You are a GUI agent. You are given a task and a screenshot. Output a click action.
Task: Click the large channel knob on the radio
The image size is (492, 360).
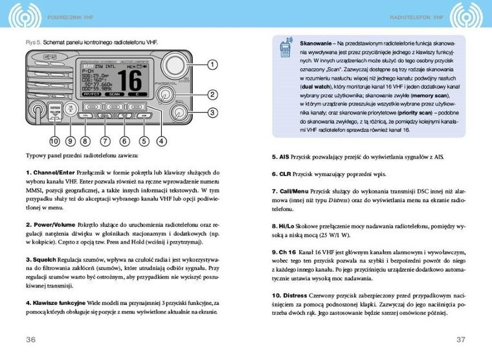pyautogui.click(x=173, y=65)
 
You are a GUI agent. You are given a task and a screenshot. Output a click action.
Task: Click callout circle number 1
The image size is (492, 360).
pyautogui.click(x=211, y=64)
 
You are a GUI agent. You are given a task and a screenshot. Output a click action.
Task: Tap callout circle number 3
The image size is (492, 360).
pyautogui.click(x=211, y=113)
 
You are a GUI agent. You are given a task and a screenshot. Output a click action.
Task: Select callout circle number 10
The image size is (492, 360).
pyautogui.click(x=55, y=140)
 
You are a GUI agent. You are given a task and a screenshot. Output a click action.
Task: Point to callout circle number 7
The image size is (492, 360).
pyautogui.click(x=104, y=140)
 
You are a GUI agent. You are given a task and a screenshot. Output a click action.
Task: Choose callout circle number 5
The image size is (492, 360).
pyautogui.click(x=144, y=140)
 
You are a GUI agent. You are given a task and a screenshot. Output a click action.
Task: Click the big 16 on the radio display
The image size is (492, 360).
pyautogui.click(x=130, y=80)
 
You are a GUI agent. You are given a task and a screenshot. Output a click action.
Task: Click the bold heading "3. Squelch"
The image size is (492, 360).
pyautogui.click(x=42, y=260)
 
